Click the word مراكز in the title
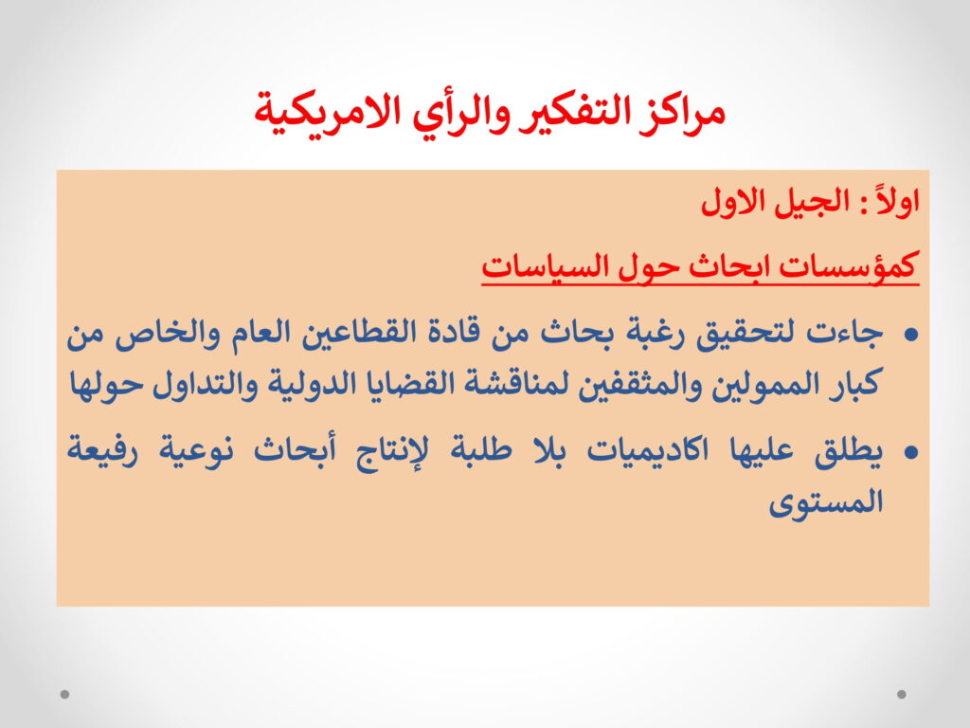(x=680, y=112)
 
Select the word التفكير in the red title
(x=569, y=112)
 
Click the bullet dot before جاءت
(x=910, y=335)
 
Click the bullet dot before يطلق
(x=910, y=452)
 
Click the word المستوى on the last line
(x=826, y=502)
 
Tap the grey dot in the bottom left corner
(x=65, y=694)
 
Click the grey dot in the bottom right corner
(x=902, y=694)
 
